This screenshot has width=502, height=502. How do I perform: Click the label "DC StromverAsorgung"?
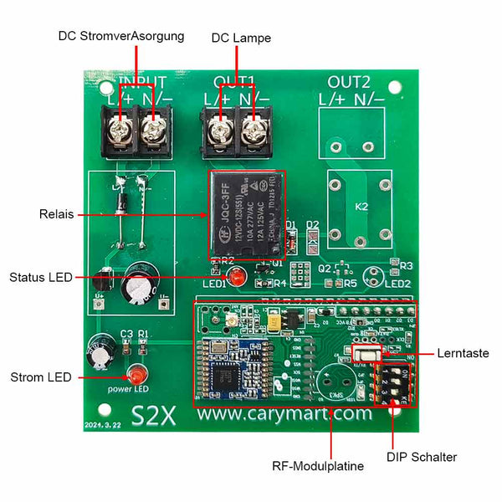coord(120,38)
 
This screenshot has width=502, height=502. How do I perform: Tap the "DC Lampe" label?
coord(241,38)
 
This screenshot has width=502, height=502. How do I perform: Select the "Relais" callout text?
coord(56,215)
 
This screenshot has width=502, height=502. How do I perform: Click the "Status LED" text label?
coord(40,277)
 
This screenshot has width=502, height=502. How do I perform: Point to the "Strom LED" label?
coord(41,377)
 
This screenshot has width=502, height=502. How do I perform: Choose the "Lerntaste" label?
coord(463,354)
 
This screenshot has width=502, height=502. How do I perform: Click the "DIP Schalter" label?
coord(422,457)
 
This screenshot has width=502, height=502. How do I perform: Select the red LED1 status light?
coord(237,277)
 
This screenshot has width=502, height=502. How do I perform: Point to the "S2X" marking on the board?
coord(153,415)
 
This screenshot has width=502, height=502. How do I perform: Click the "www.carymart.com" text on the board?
coord(284,413)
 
